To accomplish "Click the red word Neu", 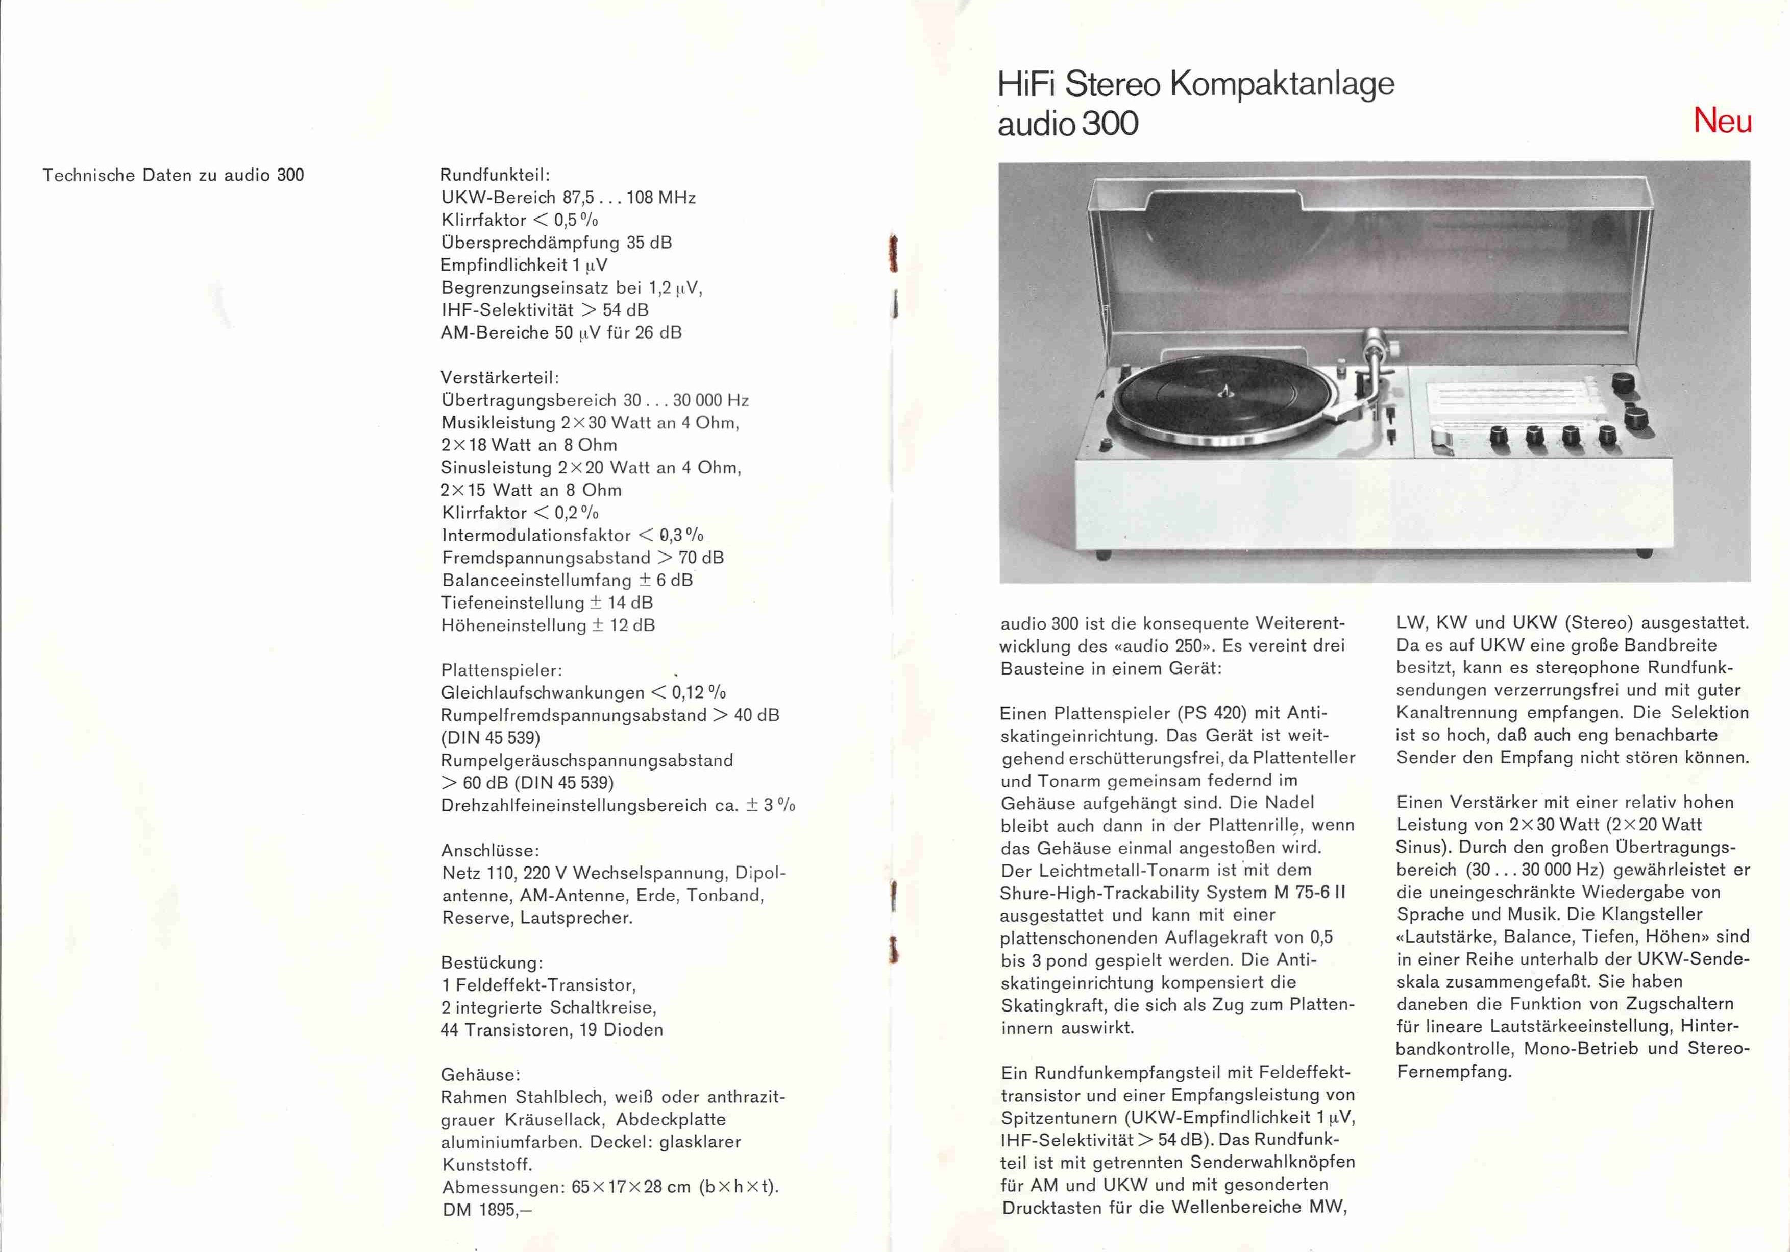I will coord(1722,121).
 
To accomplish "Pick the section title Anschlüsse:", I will coord(489,850).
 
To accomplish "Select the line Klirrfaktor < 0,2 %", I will coord(520,513).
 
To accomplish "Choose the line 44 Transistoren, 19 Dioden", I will coord(552,1030).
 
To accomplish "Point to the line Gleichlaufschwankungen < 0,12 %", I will coord(583,693).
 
